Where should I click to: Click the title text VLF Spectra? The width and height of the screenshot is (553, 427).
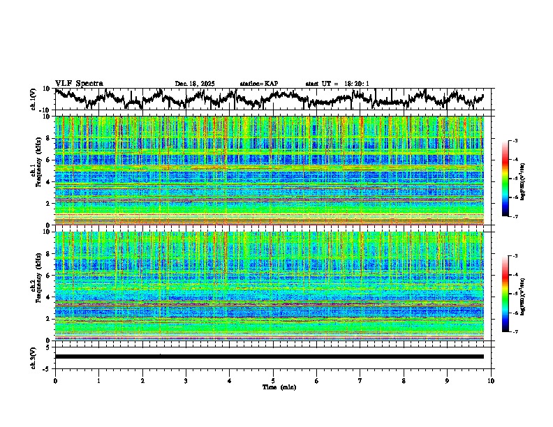point(79,84)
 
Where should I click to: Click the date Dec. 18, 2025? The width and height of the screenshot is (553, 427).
point(195,84)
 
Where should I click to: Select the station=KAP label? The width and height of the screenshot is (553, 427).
point(258,84)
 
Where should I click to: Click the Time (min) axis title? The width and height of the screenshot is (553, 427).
point(273,387)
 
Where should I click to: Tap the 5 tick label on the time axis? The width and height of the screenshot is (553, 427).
point(273,380)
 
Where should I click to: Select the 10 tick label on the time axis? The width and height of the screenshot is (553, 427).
point(491,380)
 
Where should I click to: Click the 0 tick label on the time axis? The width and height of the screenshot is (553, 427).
point(55,380)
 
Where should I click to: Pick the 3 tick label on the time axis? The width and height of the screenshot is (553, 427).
point(186,380)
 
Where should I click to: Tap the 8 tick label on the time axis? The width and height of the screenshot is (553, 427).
point(404,380)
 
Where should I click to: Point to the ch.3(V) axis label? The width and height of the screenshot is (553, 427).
point(34,357)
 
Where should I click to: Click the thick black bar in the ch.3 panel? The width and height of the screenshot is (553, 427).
point(269,357)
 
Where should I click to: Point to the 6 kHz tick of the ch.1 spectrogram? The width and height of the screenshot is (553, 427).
point(48,160)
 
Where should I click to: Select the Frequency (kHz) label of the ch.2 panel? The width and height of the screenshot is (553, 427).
point(40,285)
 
